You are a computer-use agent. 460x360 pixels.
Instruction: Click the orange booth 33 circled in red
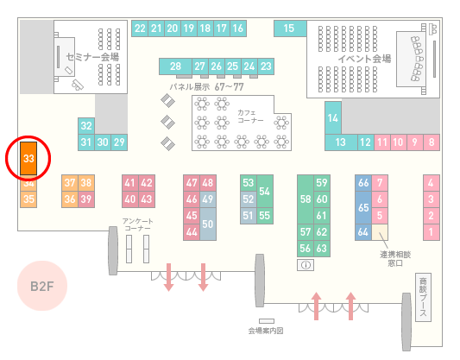coord(28,159)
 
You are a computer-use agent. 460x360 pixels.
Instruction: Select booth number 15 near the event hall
coord(290,28)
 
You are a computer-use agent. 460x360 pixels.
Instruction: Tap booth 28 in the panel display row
coord(175,66)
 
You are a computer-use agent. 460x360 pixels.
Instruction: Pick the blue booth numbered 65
coord(363,207)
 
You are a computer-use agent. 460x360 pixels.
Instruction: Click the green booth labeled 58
coord(306,199)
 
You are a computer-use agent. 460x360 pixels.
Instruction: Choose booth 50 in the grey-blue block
coord(208,224)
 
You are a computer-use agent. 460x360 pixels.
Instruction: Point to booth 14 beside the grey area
coord(333,118)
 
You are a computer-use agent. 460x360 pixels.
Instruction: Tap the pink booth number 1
coord(432,232)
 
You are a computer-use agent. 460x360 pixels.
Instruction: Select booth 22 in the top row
coord(140,28)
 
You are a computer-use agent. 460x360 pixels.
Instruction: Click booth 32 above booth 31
coord(86,126)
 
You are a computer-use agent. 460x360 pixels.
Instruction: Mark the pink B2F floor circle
coord(42,286)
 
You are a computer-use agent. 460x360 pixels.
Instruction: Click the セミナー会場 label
coord(92,57)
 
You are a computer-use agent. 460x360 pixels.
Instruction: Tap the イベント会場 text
coord(364,59)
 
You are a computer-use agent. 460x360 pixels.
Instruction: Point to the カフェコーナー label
coord(250,117)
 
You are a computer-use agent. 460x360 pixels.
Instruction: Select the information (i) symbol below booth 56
coord(306,265)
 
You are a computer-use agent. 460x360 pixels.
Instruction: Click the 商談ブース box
coord(423,297)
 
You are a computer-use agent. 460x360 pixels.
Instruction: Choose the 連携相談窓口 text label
coord(395,259)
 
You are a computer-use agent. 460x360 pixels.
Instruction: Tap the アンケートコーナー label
coord(137,224)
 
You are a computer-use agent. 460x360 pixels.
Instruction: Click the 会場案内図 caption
coord(266,331)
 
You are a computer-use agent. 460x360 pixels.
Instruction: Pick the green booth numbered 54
coord(265,192)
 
